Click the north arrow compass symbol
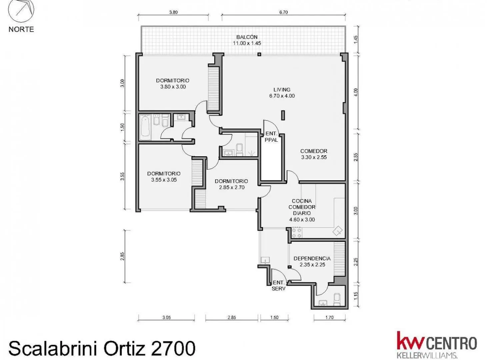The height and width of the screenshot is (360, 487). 21,11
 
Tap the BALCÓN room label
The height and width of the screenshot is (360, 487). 247,37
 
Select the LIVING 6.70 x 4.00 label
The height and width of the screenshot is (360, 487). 282,93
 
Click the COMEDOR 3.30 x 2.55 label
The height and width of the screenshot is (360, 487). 314,154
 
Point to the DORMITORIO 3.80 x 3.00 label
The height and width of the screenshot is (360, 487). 173,84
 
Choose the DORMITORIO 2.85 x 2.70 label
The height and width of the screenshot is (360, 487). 231,184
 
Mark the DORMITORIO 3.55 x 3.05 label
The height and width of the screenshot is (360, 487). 164,177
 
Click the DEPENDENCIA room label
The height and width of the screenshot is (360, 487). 312,259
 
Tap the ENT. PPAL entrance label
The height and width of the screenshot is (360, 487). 271,137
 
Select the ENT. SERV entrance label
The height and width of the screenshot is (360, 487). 278,286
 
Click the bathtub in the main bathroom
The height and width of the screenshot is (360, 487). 145,127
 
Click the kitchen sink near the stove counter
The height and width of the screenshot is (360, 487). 337,231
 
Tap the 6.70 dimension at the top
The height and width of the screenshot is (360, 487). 283,12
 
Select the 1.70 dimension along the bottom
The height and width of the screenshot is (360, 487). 329,317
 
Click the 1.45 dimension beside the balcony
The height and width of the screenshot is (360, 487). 356,40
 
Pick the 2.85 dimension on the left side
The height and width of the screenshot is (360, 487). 123,256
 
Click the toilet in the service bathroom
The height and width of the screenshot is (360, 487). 337,300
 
